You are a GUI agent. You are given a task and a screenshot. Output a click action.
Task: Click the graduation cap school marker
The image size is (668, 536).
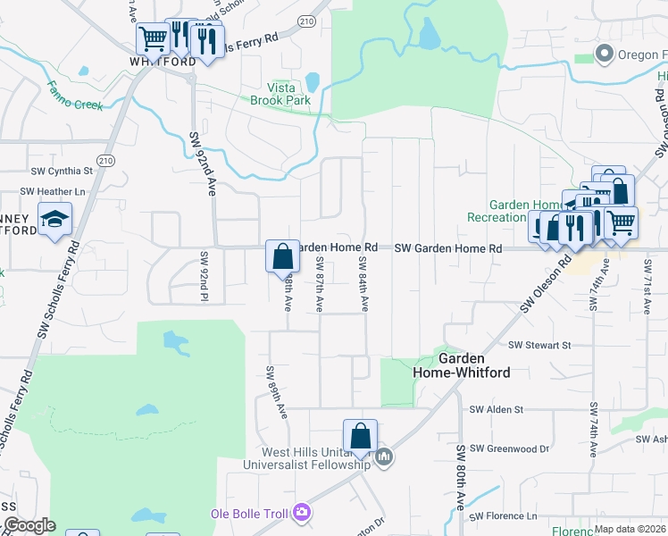(x=54, y=219)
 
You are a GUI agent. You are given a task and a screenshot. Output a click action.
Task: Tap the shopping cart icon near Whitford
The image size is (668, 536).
(x=153, y=38)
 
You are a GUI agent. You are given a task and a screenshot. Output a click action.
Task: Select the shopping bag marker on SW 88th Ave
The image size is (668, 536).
(x=282, y=256)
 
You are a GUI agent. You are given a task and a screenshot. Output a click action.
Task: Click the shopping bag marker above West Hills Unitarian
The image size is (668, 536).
(x=360, y=436)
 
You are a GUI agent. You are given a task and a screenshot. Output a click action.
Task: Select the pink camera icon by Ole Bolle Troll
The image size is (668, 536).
(x=302, y=512)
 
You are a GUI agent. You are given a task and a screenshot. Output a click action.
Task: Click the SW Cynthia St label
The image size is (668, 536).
(x=62, y=171)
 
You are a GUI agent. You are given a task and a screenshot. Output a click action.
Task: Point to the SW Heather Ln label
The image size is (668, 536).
(x=57, y=191)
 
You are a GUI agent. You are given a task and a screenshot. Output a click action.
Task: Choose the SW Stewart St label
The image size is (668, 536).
(x=539, y=345)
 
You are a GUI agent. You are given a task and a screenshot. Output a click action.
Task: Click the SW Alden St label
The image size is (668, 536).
(x=502, y=408)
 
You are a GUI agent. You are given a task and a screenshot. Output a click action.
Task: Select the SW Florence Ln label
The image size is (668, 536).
(x=505, y=516)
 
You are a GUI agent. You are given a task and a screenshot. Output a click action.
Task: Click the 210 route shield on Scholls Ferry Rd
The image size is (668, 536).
(x=106, y=160)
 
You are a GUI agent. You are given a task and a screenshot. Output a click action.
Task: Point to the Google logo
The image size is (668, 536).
(x=29, y=525)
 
